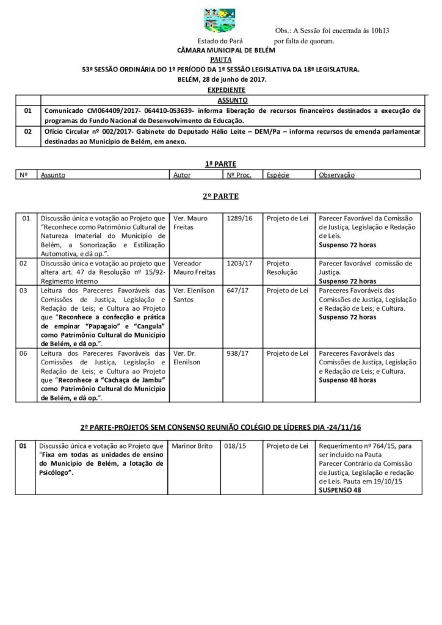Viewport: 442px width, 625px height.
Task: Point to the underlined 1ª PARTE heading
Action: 221,164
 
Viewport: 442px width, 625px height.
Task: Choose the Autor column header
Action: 182,175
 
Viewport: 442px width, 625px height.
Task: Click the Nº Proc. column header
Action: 239,175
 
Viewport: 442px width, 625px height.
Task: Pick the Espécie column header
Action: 278,175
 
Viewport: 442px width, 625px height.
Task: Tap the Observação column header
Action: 336,175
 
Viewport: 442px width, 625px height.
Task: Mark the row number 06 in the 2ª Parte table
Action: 25,353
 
